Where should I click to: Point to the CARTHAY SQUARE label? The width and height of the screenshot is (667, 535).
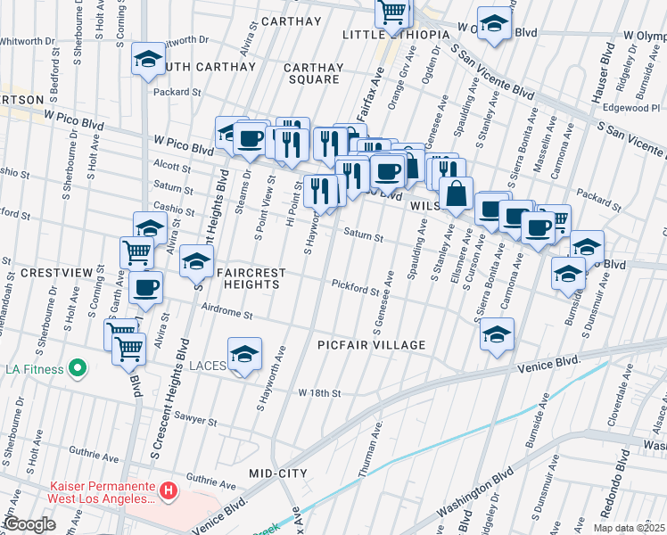(x=313, y=73)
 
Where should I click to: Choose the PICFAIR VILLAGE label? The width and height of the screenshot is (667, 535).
(x=371, y=344)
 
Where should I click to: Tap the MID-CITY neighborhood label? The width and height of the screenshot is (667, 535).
(x=278, y=473)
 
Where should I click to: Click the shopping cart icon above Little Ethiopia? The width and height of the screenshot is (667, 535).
(x=391, y=12)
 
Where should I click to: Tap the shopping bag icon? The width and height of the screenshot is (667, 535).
(x=456, y=193)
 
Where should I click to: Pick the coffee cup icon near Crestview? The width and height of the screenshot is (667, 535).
(x=146, y=287)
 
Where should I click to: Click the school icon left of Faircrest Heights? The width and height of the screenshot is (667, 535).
(x=196, y=261)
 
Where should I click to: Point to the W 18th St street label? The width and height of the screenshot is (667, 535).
(x=320, y=393)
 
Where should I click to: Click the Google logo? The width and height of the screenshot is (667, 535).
(x=29, y=524)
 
